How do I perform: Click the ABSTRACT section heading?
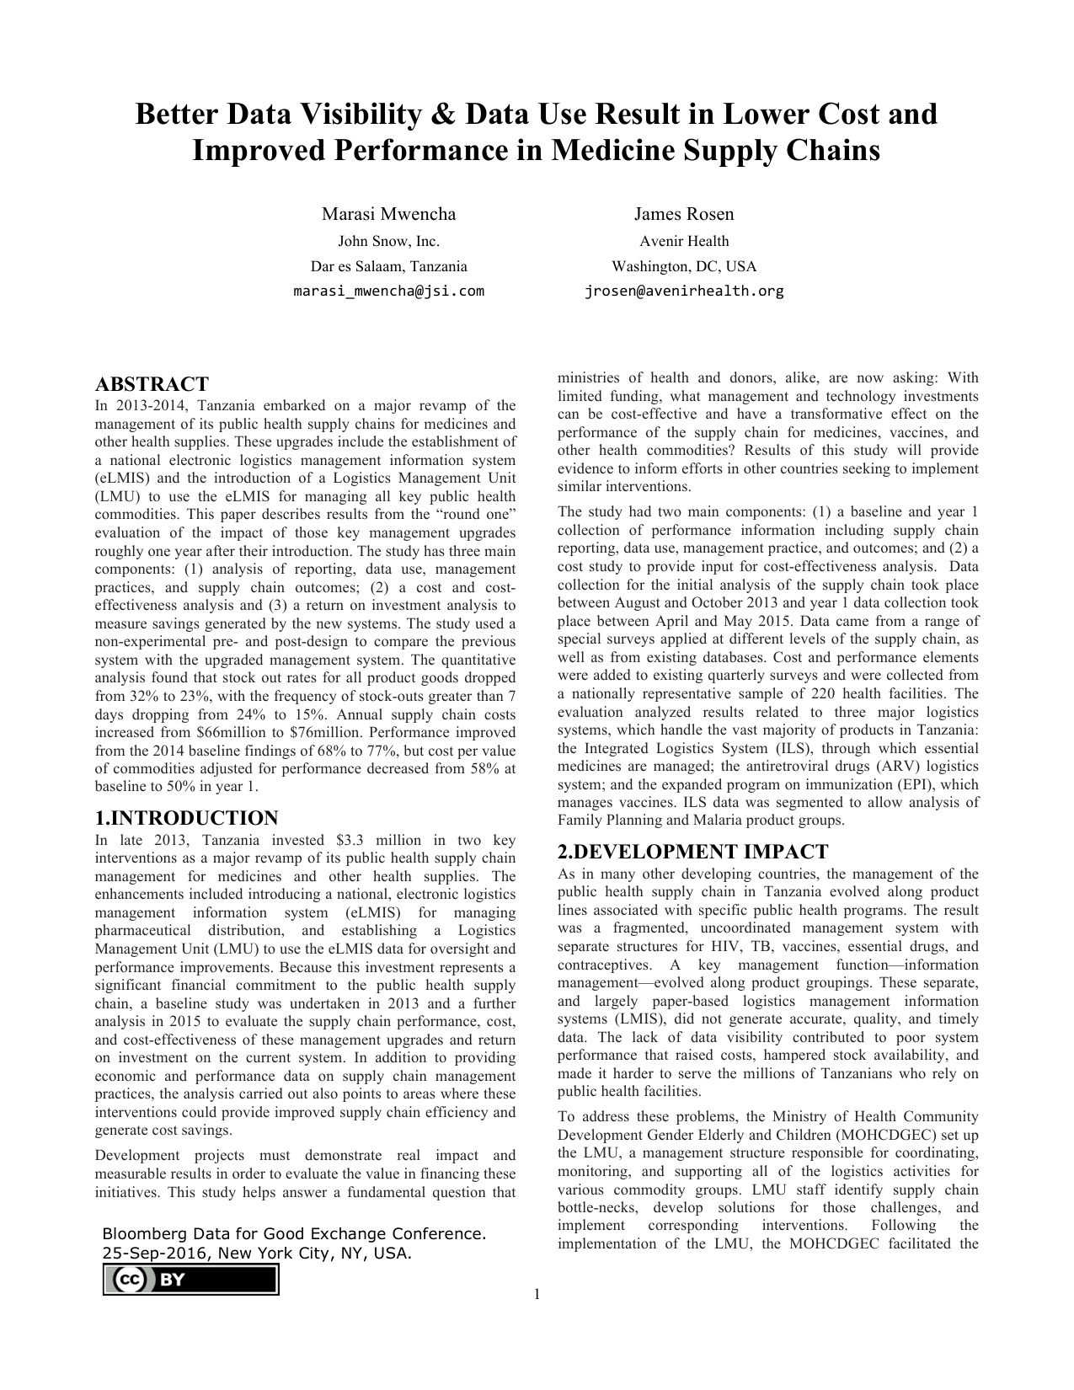pos(152,385)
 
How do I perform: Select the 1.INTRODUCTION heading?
pos(186,818)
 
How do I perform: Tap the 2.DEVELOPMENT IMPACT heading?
pos(692,852)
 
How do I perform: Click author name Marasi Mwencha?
pos(388,214)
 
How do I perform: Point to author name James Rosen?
pos(683,214)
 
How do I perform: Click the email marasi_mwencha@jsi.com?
pos(388,291)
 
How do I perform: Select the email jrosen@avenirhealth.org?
pos(683,291)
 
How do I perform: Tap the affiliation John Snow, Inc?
pos(388,242)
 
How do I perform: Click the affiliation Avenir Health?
pos(683,242)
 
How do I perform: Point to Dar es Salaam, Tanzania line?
pos(388,267)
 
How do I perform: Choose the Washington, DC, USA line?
pos(683,267)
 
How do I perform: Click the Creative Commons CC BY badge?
pos(190,1280)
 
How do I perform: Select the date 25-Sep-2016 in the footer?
pos(157,1253)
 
